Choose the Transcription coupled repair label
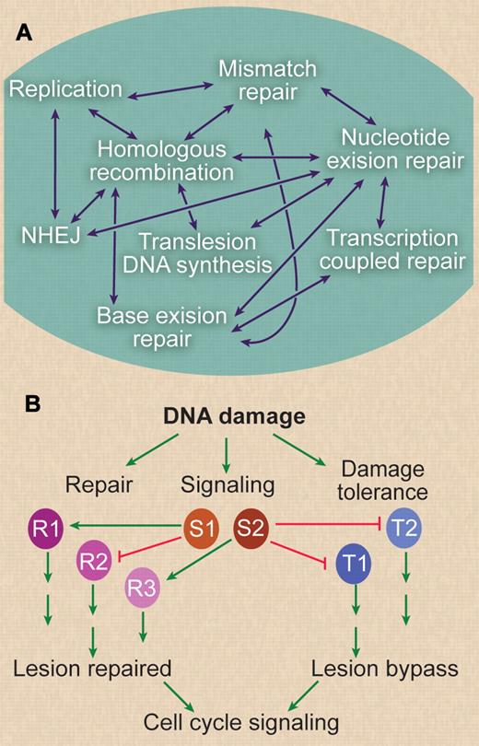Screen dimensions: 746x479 [x=394, y=250]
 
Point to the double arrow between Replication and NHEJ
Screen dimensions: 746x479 [x=57, y=162]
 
